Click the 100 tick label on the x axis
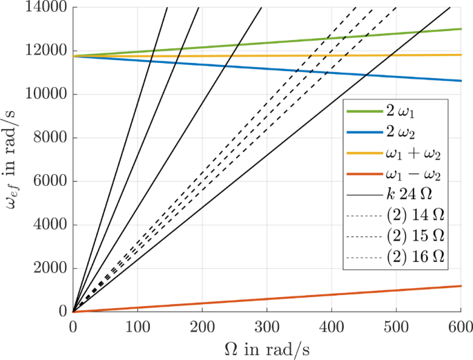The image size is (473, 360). click(137, 325)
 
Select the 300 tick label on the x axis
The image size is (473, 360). click(267, 325)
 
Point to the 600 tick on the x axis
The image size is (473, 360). click(460, 325)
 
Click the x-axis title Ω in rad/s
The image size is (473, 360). click(267, 347)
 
